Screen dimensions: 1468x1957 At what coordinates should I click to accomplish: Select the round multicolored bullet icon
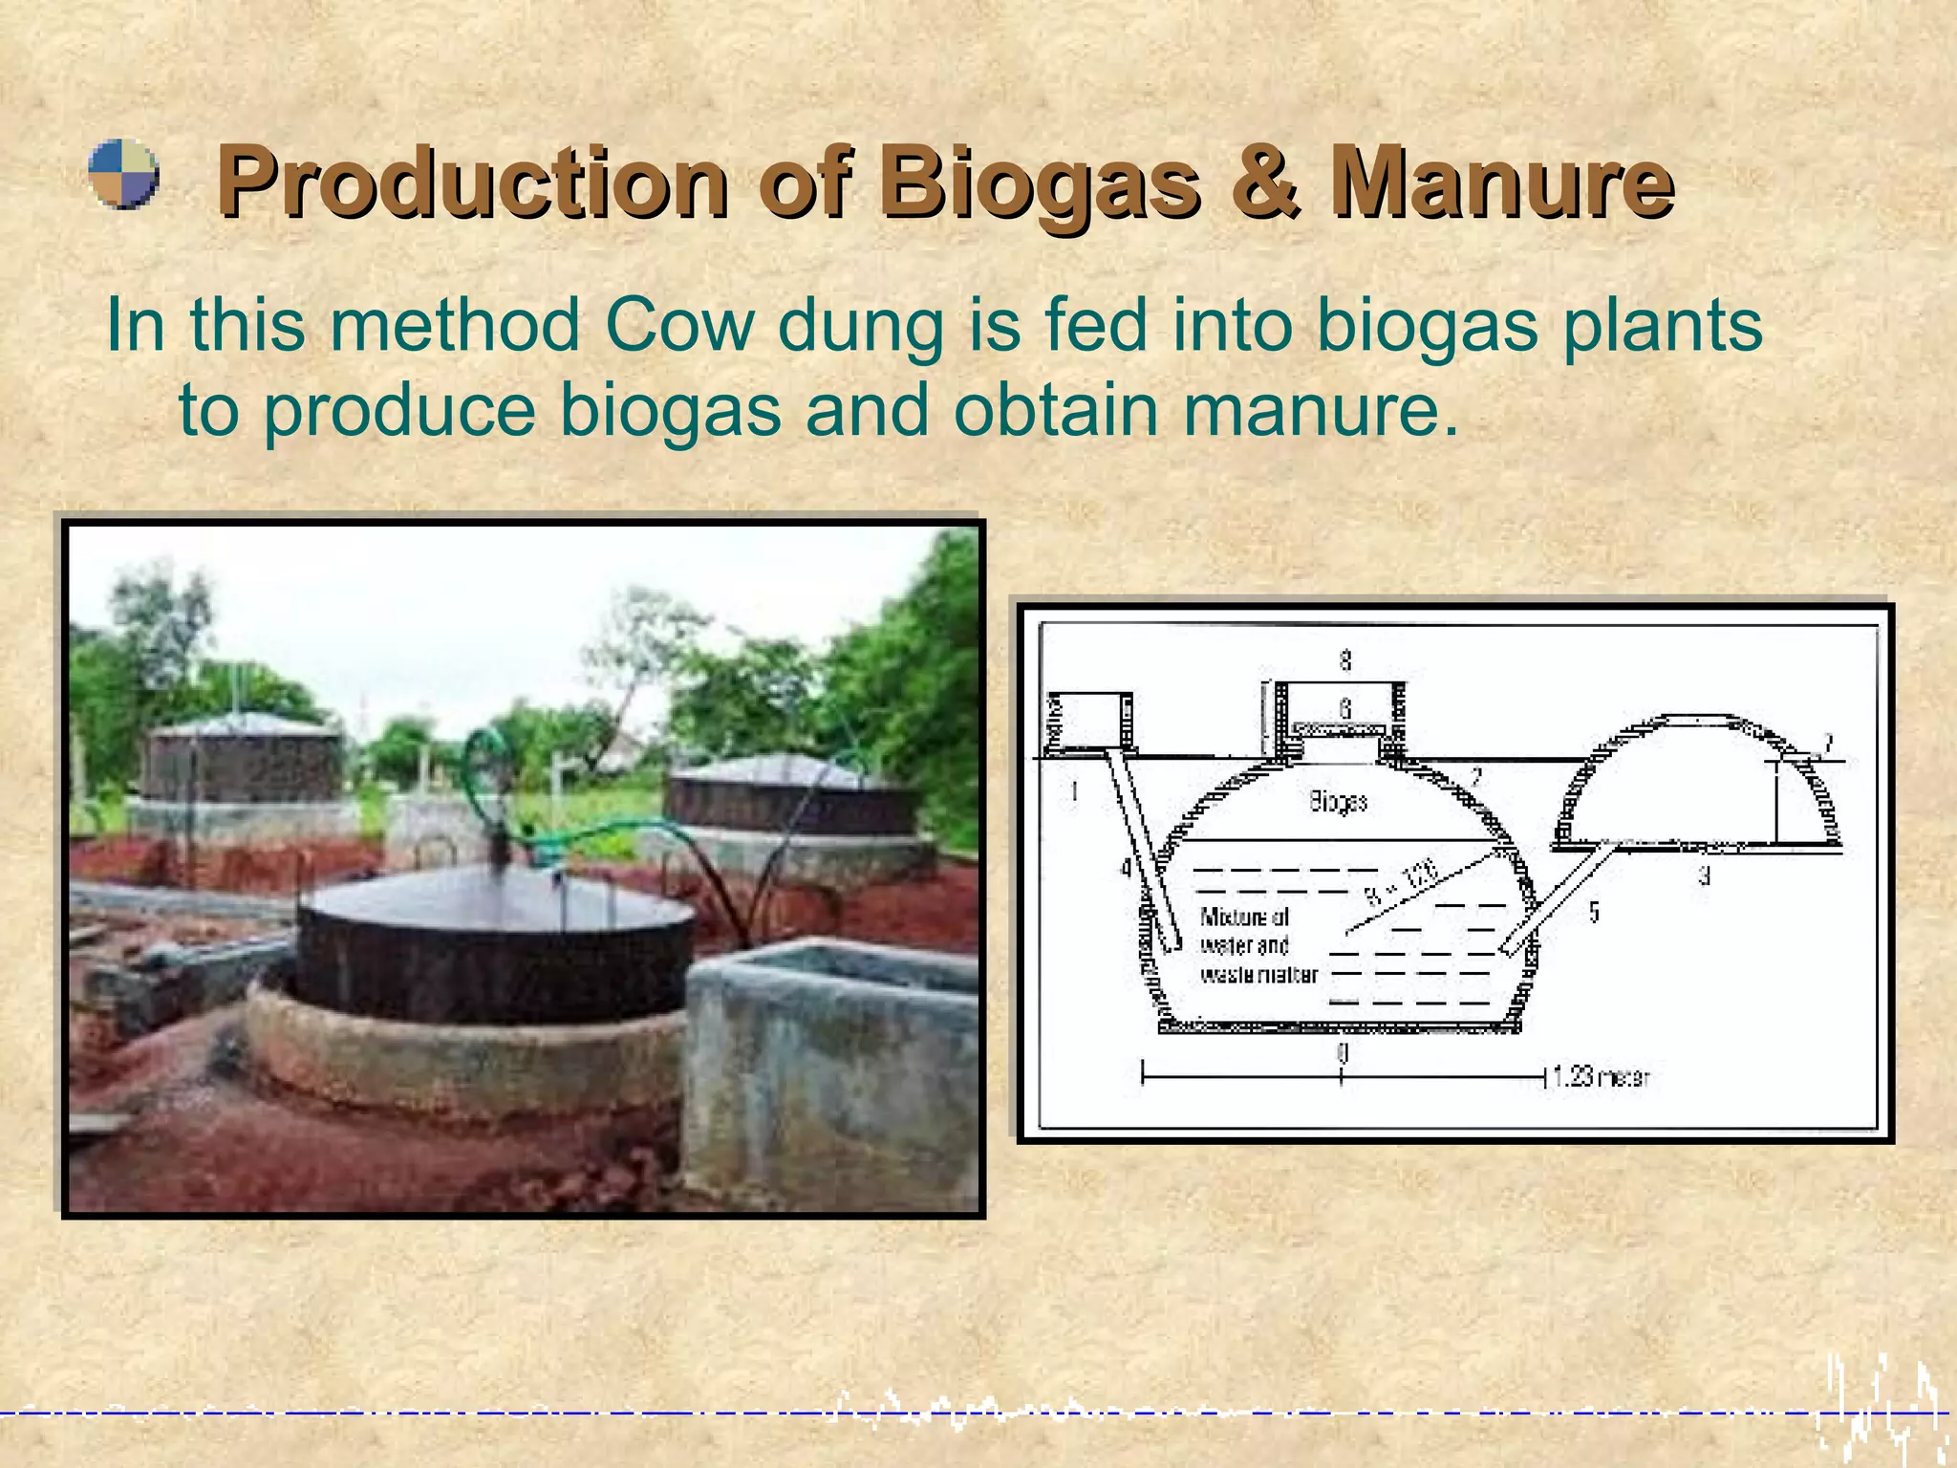pyautogui.click(x=123, y=174)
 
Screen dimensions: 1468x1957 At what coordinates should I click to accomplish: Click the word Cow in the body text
pyautogui.click(x=679, y=325)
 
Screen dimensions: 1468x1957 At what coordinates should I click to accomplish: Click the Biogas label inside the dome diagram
pyautogui.click(x=1338, y=801)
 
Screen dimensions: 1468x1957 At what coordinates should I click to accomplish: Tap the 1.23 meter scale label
pyautogui.click(x=1601, y=1077)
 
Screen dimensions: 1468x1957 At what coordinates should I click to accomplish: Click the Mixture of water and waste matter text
pyautogui.click(x=1256, y=945)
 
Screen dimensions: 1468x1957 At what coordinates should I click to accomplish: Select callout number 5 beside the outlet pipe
pyautogui.click(x=1594, y=912)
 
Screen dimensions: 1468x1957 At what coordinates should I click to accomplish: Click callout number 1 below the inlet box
pyautogui.click(x=1074, y=791)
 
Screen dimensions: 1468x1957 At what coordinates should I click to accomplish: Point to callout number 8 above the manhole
pyautogui.click(x=1345, y=659)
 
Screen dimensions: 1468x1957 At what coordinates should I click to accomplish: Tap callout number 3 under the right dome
pyautogui.click(x=1704, y=875)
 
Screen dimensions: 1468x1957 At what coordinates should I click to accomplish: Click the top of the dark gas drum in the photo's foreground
pyautogui.click(x=497, y=898)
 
